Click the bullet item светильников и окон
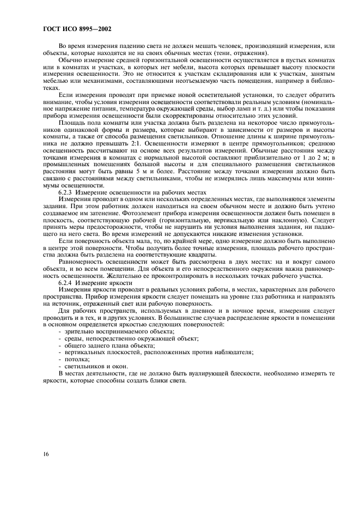[89, 366]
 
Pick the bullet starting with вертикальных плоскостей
[158, 353]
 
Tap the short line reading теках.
[51, 87]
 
